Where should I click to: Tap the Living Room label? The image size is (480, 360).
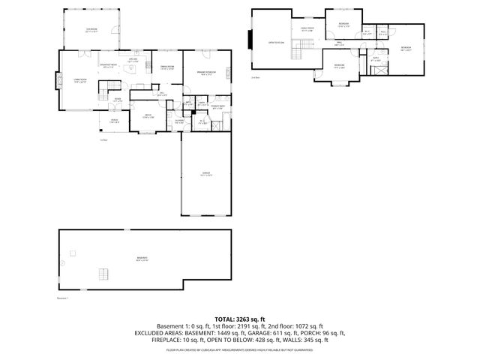coord(79,80)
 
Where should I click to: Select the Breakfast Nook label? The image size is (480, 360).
coord(108,66)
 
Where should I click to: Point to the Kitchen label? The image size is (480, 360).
coord(132,61)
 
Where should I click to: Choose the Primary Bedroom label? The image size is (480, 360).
coord(206,73)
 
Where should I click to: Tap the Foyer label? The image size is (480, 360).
coord(118,100)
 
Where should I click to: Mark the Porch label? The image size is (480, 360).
coord(115,121)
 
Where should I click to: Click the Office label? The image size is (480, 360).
coord(148,116)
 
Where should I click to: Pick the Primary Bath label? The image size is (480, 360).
coord(217,107)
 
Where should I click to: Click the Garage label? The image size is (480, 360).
coord(205,174)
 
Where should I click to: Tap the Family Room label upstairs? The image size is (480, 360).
coord(307,30)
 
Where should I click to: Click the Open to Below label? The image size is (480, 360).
coord(276,43)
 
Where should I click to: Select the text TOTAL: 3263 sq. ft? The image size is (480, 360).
coord(239,319)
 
